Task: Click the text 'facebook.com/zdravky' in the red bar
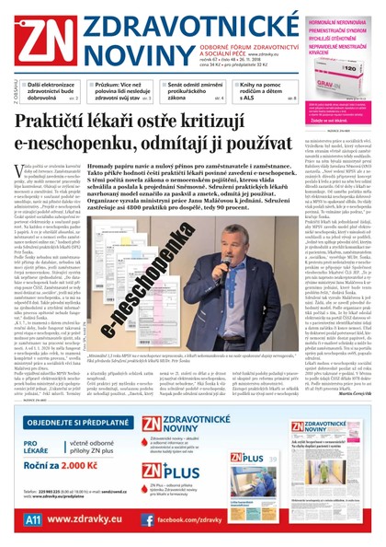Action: point(201,519)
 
